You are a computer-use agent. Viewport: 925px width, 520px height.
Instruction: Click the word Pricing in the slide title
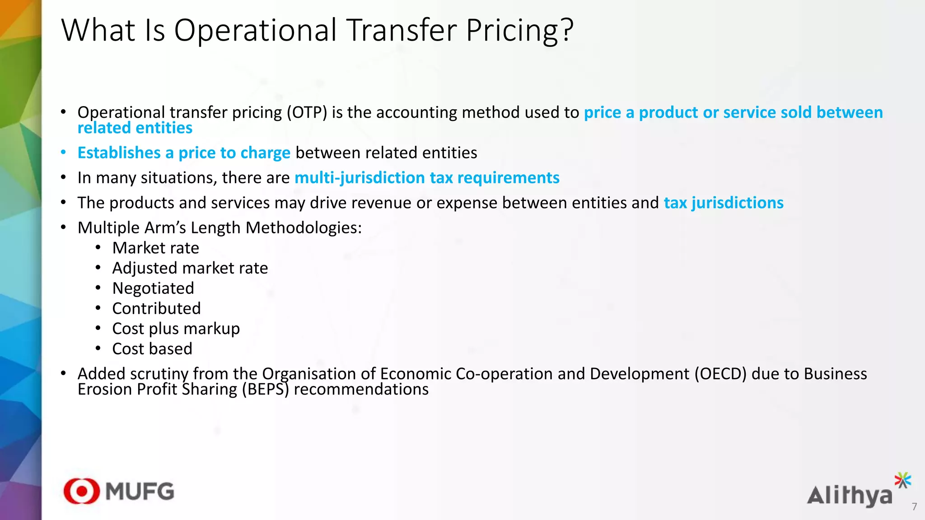(519, 31)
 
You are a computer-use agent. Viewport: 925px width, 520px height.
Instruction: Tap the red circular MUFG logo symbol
(81, 491)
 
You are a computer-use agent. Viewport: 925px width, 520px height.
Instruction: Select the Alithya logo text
(850, 496)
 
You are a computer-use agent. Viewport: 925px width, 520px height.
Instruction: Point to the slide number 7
(914, 507)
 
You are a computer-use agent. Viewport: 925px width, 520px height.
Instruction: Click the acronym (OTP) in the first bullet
(307, 112)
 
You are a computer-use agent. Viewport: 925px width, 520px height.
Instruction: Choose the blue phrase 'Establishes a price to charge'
(184, 153)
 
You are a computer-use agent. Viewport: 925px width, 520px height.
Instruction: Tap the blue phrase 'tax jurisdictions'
(724, 203)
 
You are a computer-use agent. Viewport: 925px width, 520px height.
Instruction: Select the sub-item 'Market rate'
(155, 248)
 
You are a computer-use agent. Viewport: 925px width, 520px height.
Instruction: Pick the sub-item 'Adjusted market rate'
(190, 268)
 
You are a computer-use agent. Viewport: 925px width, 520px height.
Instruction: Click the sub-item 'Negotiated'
(153, 288)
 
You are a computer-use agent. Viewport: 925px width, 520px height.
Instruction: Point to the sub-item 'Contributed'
(156, 309)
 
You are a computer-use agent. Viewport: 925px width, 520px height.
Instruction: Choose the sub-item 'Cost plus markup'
(176, 329)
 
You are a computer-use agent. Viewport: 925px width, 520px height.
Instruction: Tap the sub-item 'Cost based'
(152, 349)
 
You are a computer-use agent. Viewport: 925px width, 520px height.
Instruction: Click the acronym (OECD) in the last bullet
(720, 374)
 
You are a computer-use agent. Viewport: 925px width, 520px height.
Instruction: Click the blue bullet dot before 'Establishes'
(64, 153)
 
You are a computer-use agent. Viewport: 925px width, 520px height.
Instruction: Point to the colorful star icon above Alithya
(903, 480)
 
